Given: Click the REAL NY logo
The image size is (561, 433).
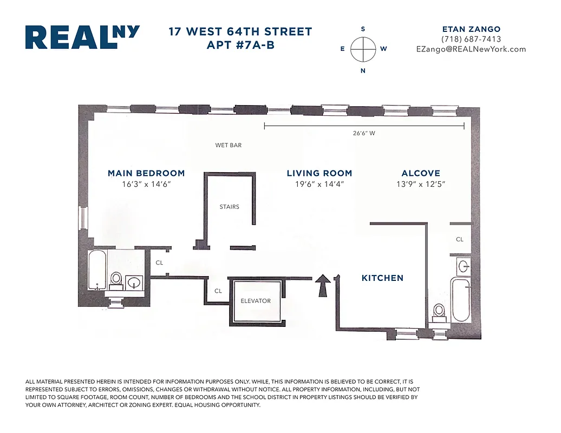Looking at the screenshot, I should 82,37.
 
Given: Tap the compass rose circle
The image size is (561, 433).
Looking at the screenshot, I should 363,49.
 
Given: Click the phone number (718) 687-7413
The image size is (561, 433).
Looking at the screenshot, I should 471,39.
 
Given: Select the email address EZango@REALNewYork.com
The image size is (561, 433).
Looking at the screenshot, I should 471,49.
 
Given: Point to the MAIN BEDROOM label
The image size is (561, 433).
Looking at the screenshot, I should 146,173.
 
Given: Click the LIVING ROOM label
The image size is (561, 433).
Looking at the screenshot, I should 319,173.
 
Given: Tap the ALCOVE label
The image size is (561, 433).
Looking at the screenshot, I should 421,173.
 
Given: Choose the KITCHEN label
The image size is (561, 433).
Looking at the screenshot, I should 382,278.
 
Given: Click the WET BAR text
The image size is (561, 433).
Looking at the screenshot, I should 228,145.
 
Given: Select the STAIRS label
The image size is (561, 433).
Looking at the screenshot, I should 229,207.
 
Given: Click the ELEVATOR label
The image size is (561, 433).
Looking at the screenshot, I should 256,301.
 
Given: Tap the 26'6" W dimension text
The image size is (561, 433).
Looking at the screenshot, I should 364,133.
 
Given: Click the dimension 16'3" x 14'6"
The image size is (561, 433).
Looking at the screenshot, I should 146,184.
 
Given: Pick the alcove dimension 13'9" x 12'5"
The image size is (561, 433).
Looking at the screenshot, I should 421,184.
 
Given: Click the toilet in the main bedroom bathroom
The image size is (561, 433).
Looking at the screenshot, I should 116,279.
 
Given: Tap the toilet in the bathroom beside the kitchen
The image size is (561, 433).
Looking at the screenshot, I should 439,312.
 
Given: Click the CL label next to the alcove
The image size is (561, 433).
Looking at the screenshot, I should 459,239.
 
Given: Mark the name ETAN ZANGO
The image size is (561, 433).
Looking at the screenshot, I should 471,29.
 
